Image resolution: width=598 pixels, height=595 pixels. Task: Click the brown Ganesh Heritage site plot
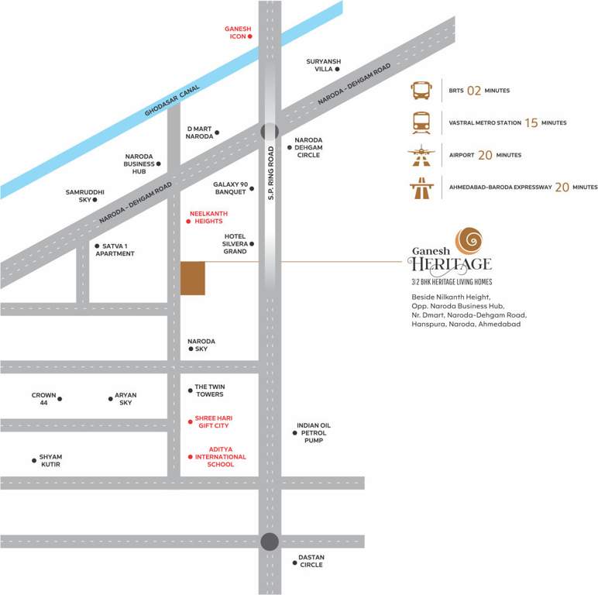pos(193,278)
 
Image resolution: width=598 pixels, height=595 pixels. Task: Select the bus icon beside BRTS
pos(421,91)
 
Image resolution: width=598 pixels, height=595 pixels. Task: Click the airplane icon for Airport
pos(421,155)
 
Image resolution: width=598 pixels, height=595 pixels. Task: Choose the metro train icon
pos(421,122)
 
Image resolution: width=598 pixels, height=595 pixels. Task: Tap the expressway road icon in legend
pos(421,187)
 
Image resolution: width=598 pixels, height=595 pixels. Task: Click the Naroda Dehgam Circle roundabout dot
pos(270,132)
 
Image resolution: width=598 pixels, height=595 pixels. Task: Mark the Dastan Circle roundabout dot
pos(270,542)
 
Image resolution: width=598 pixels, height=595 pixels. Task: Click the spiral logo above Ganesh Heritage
pos(468,241)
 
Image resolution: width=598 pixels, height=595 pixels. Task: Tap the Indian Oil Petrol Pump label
pos(314,432)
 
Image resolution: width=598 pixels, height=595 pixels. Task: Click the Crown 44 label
pos(43,398)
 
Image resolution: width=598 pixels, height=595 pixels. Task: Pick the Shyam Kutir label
pos(50,460)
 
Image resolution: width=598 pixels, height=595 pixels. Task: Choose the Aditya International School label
pos(221,456)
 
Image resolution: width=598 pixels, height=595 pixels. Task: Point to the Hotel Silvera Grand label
pos(235,243)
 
